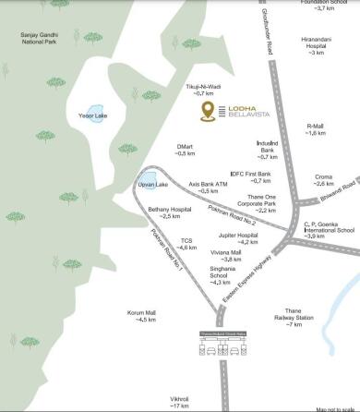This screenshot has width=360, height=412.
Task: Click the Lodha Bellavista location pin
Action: coord(210,112)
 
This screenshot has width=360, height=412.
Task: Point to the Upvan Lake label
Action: coord(152,186)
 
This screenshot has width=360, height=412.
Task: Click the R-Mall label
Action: coord(316,129)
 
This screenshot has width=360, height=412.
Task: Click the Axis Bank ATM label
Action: coord(208,187)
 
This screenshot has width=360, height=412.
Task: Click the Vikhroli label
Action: coord(179,401)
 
